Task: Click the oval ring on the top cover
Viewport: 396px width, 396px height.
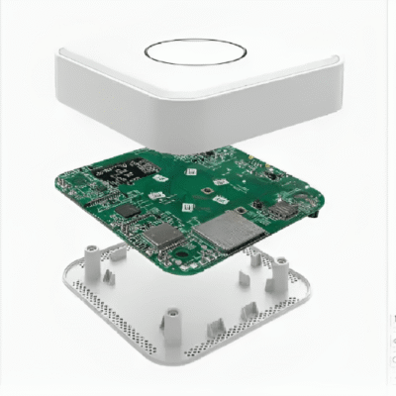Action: [x=194, y=51]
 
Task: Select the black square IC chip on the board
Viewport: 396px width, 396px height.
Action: [x=128, y=211]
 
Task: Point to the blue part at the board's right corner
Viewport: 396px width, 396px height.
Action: [x=315, y=211]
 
